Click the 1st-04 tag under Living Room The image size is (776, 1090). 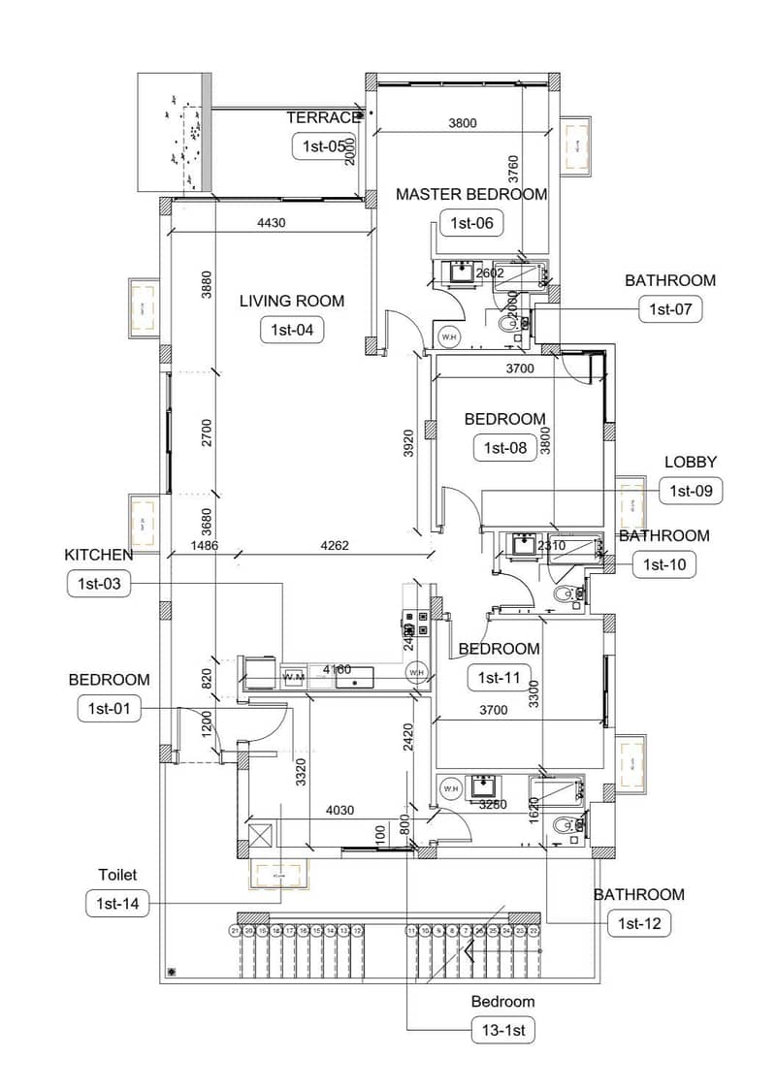[292, 330]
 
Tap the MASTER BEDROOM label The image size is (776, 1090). [471, 194]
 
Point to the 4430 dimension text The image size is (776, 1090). [272, 223]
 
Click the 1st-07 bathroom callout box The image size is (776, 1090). [669, 309]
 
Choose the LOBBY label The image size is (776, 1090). [691, 462]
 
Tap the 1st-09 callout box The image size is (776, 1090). [692, 492]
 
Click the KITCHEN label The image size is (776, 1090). [98, 555]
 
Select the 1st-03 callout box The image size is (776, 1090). [98, 584]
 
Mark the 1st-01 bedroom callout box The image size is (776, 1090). [109, 709]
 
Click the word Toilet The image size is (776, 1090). [117, 875]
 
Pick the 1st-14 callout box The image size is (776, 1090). [117, 905]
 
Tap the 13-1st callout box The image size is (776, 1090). [502, 1031]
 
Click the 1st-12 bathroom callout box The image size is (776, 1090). [638, 924]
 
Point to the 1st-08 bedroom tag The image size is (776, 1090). [504, 447]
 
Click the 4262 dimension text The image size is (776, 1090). [337, 546]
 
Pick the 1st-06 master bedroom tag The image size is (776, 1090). [471, 223]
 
